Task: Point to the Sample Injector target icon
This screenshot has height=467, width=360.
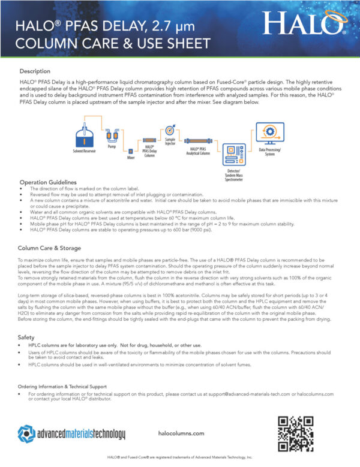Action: pos(170,130)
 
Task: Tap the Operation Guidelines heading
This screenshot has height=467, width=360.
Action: pos(48,182)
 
